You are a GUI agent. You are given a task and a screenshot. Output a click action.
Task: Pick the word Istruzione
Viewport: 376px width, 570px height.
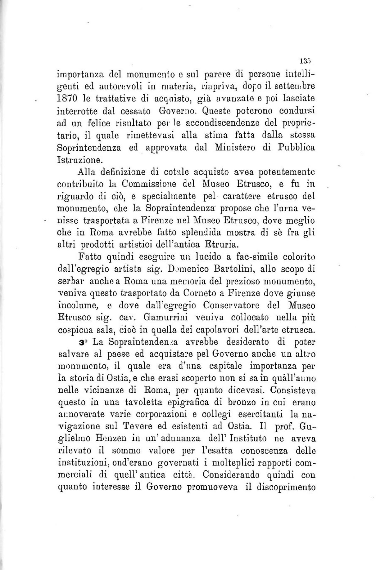79,160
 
